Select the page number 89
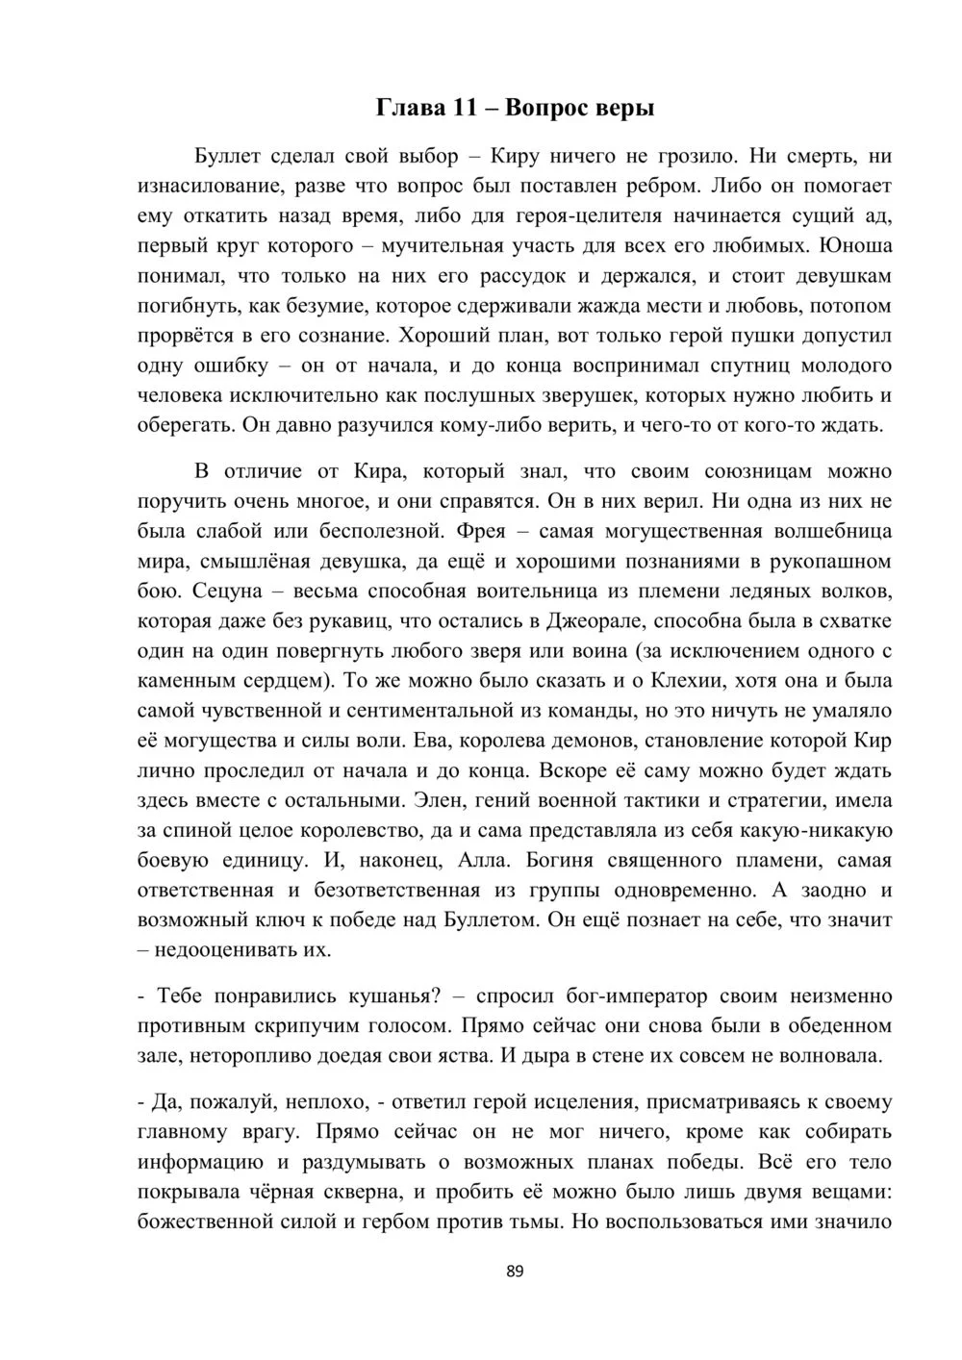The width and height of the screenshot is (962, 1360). point(514,1272)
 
